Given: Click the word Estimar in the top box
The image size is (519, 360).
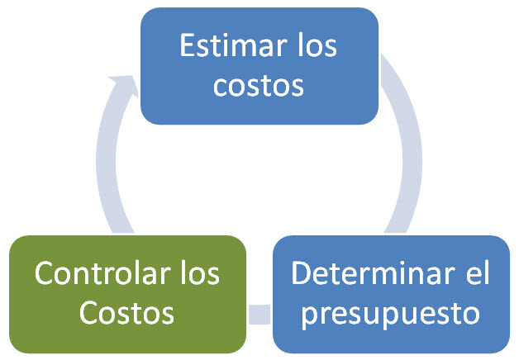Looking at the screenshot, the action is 233,45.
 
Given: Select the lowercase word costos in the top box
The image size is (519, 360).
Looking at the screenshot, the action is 259,85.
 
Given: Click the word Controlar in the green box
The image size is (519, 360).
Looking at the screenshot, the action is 102,273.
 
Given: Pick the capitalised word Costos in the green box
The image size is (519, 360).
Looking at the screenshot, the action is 126,312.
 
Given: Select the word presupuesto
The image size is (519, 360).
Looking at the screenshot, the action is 391,315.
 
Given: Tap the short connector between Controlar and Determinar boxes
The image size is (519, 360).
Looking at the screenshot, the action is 259,314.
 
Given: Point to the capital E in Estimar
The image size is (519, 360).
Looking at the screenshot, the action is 187,45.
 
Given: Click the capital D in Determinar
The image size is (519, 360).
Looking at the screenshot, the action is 302,273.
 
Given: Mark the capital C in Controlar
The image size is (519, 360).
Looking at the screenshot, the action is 45,273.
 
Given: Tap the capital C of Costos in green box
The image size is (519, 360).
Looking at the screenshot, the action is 88,312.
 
